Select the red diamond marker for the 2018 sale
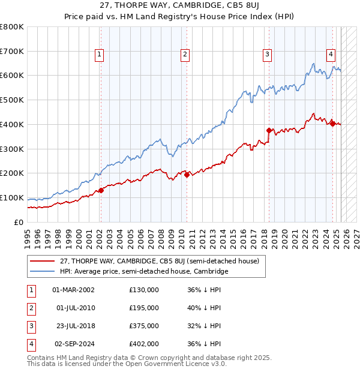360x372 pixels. [x=269, y=130]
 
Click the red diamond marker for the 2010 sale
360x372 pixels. [x=187, y=175]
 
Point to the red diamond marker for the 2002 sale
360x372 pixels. [x=101, y=190]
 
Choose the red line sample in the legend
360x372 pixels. [x=42, y=261]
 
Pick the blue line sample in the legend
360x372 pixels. [x=42, y=271]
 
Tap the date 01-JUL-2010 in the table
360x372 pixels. [x=75, y=308]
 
